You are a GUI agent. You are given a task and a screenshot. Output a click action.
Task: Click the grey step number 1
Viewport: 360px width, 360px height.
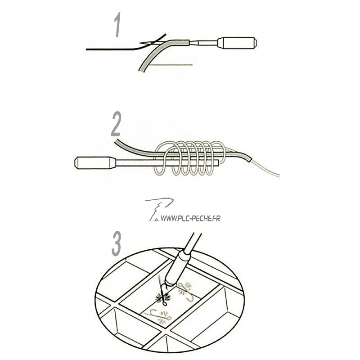click(x=117, y=25)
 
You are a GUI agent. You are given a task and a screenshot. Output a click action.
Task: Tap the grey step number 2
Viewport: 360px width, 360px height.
click(x=116, y=124)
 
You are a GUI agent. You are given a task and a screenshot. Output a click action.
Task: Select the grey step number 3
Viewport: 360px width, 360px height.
click(x=117, y=244)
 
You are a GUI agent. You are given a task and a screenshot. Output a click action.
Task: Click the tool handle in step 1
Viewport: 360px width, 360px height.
click(x=237, y=43)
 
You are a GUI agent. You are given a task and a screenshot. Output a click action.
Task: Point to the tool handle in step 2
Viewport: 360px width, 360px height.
click(x=95, y=163)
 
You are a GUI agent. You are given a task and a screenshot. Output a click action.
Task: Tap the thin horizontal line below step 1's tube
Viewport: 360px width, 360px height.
click(x=171, y=65)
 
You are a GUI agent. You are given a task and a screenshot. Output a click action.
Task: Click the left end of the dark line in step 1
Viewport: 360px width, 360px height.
click(x=86, y=49)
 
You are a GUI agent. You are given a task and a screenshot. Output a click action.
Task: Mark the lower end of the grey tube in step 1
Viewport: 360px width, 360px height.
click(x=141, y=70)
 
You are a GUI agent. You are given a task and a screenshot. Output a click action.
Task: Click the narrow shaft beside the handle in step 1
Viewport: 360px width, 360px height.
click(x=204, y=43)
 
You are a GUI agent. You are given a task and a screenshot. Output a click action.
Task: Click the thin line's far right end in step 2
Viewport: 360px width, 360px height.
click(x=279, y=176)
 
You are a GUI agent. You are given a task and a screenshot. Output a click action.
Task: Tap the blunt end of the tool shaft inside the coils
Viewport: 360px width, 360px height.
click(x=218, y=163)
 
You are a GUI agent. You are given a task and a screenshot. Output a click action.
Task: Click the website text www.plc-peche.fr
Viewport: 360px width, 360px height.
click(x=190, y=218)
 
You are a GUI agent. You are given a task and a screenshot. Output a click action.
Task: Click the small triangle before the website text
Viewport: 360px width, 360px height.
click(x=157, y=220)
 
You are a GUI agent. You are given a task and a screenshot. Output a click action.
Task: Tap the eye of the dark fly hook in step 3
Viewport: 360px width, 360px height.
click(x=165, y=304)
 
